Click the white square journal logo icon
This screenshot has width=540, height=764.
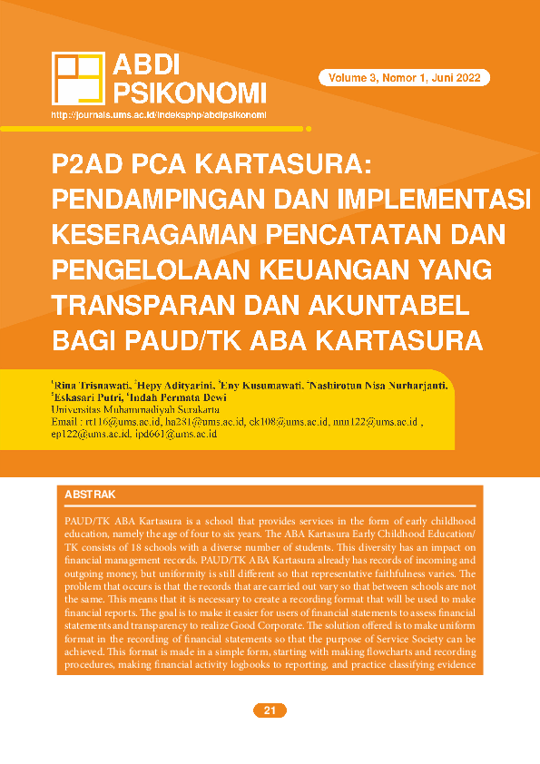[x=78, y=78]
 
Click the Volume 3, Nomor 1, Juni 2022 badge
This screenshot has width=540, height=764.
[x=404, y=78]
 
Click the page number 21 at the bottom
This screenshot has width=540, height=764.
[x=270, y=710]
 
